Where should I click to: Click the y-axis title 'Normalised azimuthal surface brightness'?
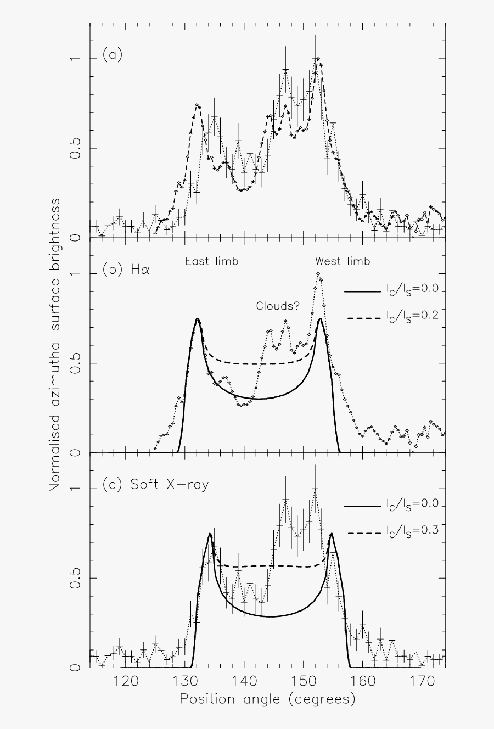(x=55, y=345)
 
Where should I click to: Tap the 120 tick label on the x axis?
(x=125, y=681)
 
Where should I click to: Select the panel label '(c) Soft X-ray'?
(x=155, y=485)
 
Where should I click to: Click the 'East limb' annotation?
(x=211, y=261)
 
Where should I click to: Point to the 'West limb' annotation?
(x=343, y=261)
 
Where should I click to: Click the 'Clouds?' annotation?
(x=278, y=306)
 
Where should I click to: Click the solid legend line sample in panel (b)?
(x=362, y=291)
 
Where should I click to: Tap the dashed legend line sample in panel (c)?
(x=362, y=532)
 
